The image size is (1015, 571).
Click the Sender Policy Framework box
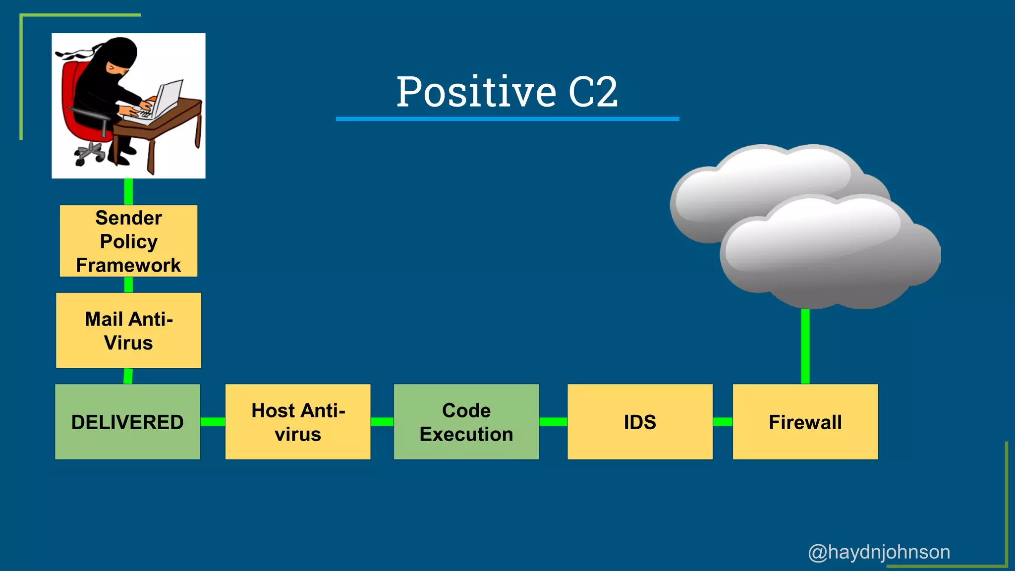pyautogui.click(x=128, y=241)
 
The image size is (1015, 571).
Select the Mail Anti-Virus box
pyautogui.click(x=128, y=330)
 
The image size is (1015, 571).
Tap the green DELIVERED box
pyautogui.click(x=127, y=422)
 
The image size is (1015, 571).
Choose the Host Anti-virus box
pyautogui.click(x=298, y=422)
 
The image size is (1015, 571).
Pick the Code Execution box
pyautogui.click(x=466, y=422)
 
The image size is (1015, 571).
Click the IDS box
pyautogui.click(x=640, y=422)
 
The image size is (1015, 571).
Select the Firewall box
pyautogui.click(x=805, y=422)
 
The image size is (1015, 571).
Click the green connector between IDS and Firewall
pyautogui.click(x=723, y=422)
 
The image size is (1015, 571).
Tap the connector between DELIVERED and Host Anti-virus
pyautogui.click(x=213, y=422)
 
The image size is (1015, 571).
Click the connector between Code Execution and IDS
pyautogui.click(x=553, y=422)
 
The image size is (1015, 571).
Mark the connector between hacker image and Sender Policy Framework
pyautogui.click(x=128, y=191)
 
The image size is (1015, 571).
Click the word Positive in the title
pyautogui.click(x=476, y=92)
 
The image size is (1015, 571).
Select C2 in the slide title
pyautogui.click(x=593, y=92)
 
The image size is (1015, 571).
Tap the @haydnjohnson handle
pyautogui.click(x=879, y=552)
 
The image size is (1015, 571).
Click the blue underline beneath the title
pyautogui.click(x=507, y=119)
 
